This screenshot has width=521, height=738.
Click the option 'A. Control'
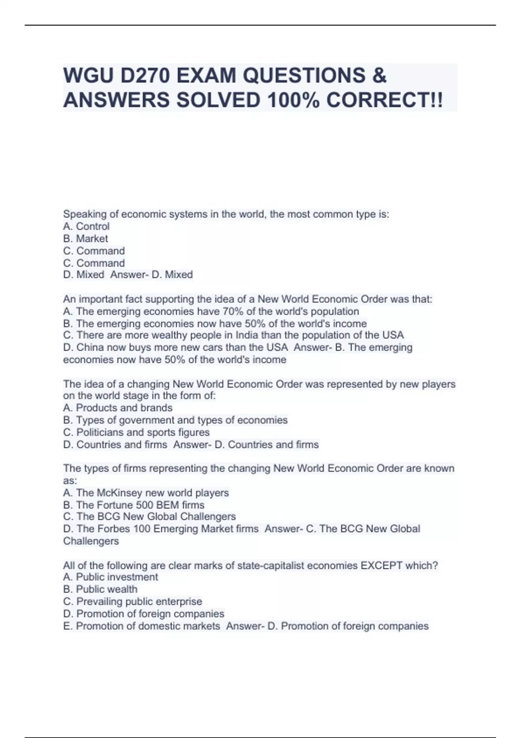click(86, 226)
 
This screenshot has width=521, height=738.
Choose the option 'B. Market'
click(86, 238)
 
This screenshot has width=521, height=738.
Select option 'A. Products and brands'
click(118, 408)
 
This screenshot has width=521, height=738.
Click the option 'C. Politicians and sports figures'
click(136, 432)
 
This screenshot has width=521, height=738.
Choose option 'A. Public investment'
click(111, 577)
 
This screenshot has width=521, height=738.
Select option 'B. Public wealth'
click(100, 589)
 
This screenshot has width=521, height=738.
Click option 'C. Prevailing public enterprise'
click(133, 601)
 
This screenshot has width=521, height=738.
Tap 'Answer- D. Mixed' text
click(152, 275)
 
